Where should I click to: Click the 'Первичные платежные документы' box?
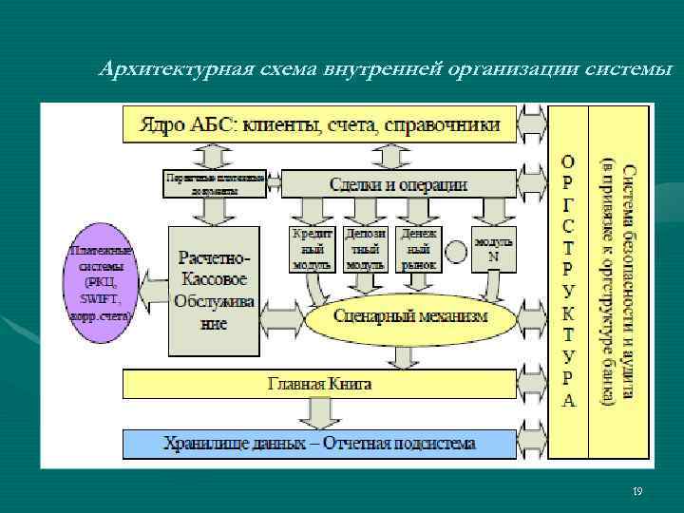click(215, 183)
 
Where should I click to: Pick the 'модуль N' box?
click(493, 249)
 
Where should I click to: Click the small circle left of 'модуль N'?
click(456, 251)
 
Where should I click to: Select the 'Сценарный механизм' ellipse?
click(411, 315)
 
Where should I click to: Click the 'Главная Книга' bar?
click(318, 385)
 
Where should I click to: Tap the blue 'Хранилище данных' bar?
click(318, 444)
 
